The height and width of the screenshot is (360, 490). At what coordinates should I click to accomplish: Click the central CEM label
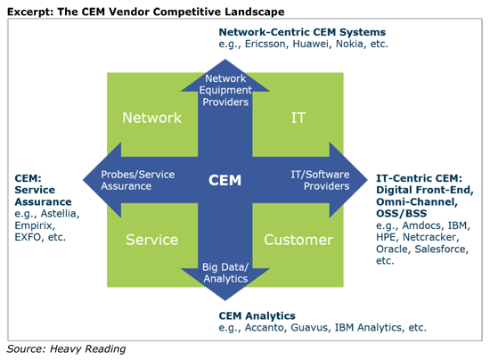tap(225, 180)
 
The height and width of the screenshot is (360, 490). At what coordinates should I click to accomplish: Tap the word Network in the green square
tap(151, 118)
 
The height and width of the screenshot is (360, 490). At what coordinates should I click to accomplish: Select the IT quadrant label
tap(298, 118)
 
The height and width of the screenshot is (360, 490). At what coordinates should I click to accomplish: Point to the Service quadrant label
tap(151, 240)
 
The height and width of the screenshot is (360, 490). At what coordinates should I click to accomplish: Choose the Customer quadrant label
tap(298, 240)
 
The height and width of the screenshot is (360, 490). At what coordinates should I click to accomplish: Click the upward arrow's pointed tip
tap(225, 60)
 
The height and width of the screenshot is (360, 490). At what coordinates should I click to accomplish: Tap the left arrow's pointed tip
tap(83, 180)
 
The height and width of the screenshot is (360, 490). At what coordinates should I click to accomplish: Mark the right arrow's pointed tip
tap(367, 180)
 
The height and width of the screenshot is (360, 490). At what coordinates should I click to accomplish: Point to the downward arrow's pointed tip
tap(225, 300)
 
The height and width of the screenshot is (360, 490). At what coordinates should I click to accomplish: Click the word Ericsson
tap(265, 44)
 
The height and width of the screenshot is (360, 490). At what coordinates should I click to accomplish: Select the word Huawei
tap(311, 44)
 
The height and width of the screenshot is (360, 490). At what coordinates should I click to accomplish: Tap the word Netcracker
tap(431, 237)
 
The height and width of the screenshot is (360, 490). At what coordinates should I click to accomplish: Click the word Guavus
tap(309, 328)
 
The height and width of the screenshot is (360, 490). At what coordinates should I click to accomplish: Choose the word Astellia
tap(60, 214)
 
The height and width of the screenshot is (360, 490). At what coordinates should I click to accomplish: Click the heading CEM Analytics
tap(257, 316)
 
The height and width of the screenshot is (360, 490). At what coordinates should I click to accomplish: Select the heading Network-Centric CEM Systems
tap(302, 32)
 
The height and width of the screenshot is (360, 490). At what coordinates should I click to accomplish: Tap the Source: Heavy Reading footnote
tap(66, 348)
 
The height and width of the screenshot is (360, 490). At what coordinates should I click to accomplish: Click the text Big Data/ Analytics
tap(225, 273)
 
